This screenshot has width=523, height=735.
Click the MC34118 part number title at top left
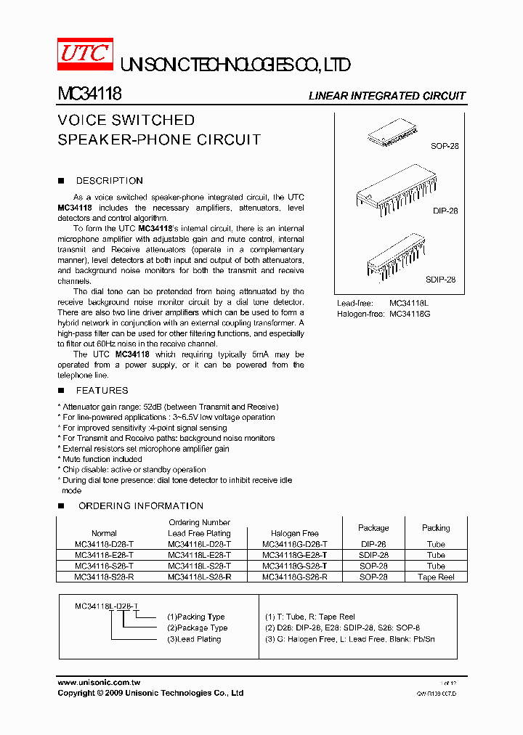click(89, 94)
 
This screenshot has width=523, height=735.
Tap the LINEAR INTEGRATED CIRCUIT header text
click(386, 96)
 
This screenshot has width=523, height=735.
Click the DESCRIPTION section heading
click(109, 181)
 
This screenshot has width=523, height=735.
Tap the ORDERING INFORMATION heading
click(140, 505)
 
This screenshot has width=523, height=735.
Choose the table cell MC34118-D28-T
click(104, 544)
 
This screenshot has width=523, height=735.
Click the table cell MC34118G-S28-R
click(294, 577)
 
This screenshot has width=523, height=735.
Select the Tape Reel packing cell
click(436, 577)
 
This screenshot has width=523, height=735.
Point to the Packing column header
click(436, 528)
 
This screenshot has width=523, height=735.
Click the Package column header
click(373, 528)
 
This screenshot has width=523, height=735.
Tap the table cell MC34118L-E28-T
click(199, 555)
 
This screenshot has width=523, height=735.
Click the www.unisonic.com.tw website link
click(98, 683)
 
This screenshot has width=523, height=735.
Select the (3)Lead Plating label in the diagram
click(194, 639)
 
